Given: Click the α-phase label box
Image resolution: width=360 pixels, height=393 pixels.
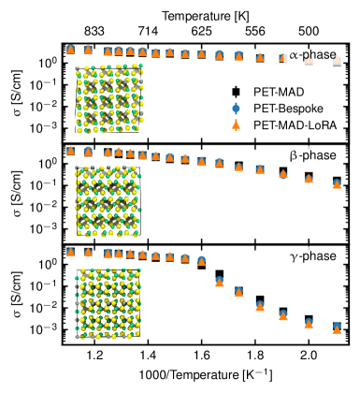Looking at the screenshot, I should tap(312, 55).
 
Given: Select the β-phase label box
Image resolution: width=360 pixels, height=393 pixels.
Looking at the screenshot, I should tap(312, 156).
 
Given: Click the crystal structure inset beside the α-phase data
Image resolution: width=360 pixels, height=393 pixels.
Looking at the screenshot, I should tap(108, 99).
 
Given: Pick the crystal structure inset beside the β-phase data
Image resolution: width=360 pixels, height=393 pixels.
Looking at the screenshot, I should tap(108, 201).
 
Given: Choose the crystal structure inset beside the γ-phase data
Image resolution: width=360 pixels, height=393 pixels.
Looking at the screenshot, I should tap(108, 301).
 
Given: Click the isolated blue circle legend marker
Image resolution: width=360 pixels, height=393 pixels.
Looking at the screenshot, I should tap(236, 109).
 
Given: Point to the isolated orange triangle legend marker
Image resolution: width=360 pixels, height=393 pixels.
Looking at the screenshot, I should tap(236, 124).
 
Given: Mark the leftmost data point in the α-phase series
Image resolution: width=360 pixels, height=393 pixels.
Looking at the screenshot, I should tap(70, 50).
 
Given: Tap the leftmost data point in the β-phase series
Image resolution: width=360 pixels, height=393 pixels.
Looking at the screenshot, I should tap(70, 150).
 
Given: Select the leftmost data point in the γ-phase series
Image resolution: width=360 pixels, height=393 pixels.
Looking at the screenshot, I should tap(70, 252).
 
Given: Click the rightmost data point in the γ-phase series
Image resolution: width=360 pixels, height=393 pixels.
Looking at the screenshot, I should tap(337, 327).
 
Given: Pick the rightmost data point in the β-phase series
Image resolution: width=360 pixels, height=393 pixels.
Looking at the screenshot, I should tap(337, 183).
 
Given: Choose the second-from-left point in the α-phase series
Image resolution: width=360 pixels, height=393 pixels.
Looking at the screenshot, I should tap(88, 50).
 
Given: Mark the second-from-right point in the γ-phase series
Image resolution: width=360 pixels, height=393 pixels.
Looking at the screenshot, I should tap(309, 323).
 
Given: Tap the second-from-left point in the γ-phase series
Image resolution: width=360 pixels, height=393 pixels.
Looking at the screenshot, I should tap(88, 252).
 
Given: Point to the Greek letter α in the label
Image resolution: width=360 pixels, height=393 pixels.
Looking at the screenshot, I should tap(294, 55).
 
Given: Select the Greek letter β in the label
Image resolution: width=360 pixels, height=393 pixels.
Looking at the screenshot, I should tap(294, 156).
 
